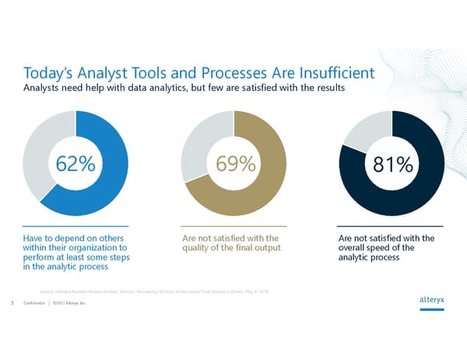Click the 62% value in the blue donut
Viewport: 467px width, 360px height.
tap(75, 165)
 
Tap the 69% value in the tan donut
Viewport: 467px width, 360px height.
tap(233, 165)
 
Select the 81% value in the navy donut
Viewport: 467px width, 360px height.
tap(392, 165)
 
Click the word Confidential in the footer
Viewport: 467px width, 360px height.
tap(33, 303)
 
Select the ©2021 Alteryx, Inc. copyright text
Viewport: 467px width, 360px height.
tap(72, 303)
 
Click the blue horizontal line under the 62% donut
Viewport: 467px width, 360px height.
tap(75, 226)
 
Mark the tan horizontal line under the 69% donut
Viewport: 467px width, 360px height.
tap(233, 226)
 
